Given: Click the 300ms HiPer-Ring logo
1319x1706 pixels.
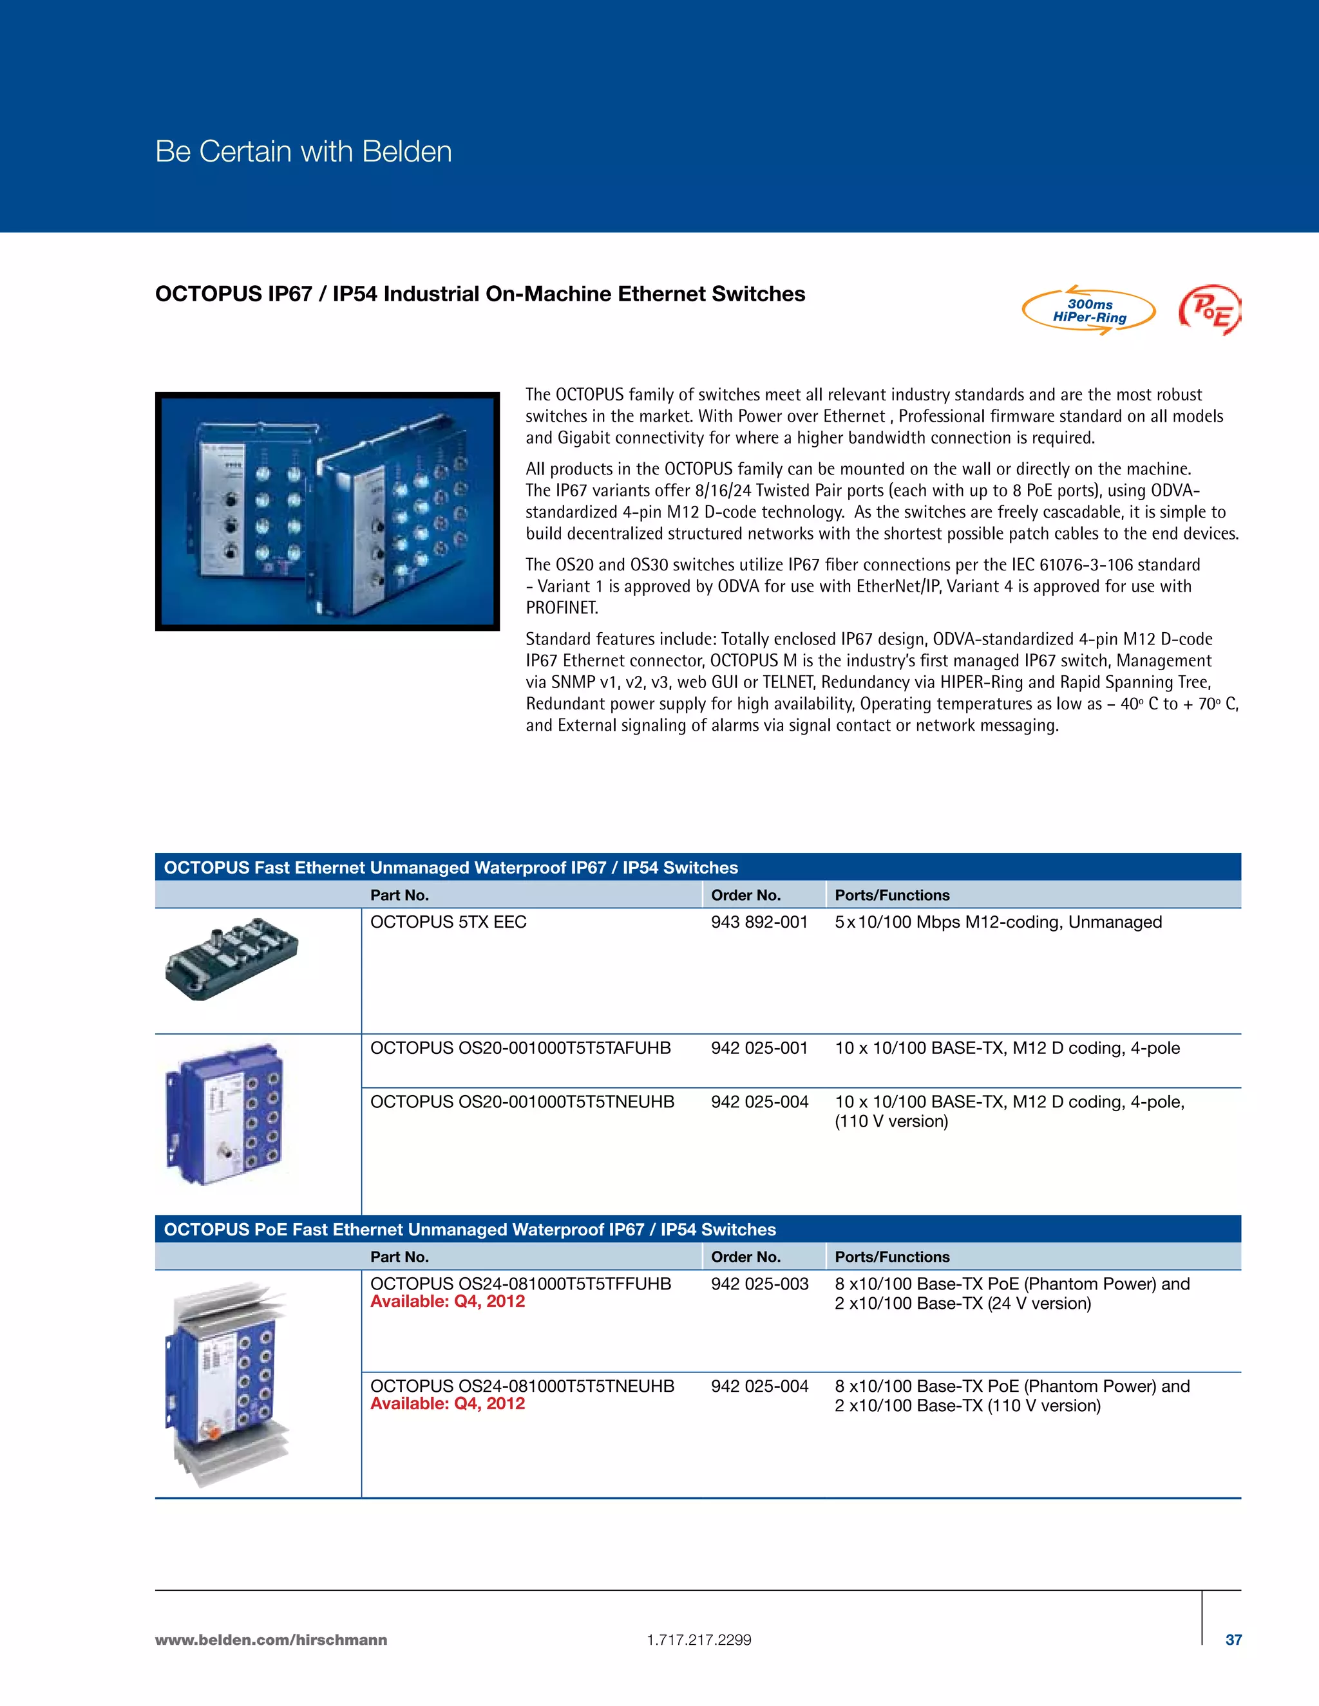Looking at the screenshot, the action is pos(1088,311).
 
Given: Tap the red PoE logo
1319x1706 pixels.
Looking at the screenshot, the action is pos(1210,311).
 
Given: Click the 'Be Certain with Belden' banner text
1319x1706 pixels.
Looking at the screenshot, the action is pos(303,151).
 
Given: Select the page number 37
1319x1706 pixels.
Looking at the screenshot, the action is pos(1233,1640).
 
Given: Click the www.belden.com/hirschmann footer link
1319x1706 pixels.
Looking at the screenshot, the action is pos(271,1640).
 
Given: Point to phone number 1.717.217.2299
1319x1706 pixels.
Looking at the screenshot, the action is pos(699,1640).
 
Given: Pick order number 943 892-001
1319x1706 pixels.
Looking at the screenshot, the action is pos(759,922).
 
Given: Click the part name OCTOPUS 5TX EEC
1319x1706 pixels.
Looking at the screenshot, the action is pos(448,922).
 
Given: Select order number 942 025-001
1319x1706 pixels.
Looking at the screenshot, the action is pos(759,1047).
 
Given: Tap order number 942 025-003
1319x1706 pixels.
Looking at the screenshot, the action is pos(759,1284).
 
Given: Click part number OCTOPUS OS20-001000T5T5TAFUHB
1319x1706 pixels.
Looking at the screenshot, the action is pos(520,1047).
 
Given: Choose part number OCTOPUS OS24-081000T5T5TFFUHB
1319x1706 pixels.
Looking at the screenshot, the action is pos(520,1284).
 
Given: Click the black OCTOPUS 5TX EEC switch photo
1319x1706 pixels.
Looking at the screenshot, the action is pos(231,959).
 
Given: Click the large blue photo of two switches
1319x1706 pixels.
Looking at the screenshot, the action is pos(327,512).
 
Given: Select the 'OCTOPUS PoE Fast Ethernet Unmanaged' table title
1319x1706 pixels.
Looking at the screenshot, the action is pos(470,1230).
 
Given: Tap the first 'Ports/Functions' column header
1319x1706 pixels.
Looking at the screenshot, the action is pos(891,895).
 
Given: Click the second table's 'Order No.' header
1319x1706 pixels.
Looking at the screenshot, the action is pos(745,1257).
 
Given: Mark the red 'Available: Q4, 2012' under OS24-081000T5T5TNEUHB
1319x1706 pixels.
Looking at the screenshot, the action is pos(447,1403).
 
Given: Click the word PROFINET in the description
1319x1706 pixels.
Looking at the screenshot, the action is pos(561,608).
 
